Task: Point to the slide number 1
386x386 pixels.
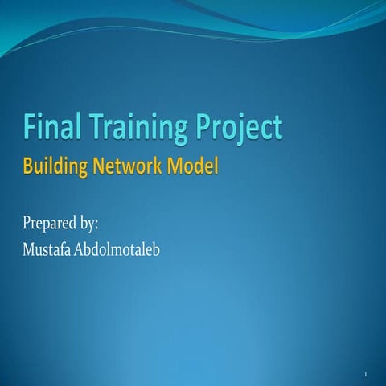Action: click(x=365, y=376)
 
